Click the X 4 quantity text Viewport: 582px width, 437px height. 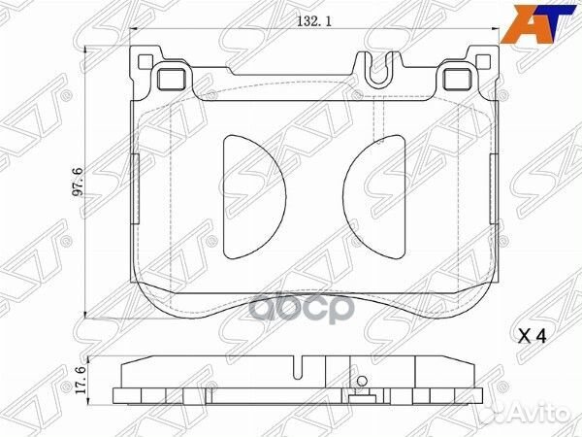point(534,337)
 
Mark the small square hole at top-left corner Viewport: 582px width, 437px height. point(145,64)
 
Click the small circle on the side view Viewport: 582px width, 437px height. point(362,381)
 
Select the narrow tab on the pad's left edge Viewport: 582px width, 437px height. point(135,180)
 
